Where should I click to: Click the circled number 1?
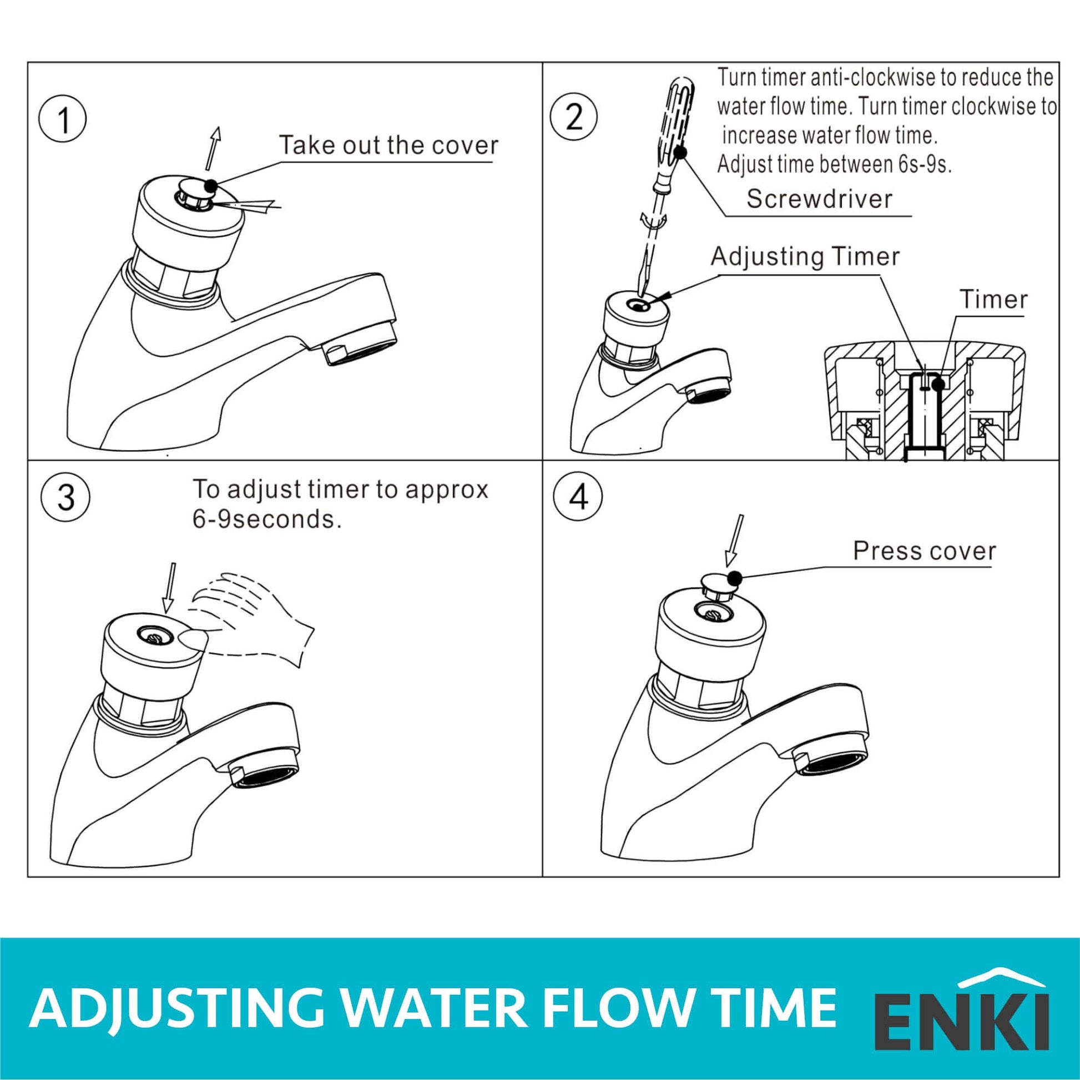63,121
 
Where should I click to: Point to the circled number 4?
578,496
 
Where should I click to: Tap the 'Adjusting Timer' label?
805,256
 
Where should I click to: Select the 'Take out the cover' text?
388,145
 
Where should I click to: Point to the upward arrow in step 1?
213,148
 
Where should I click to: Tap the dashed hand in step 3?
251,620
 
